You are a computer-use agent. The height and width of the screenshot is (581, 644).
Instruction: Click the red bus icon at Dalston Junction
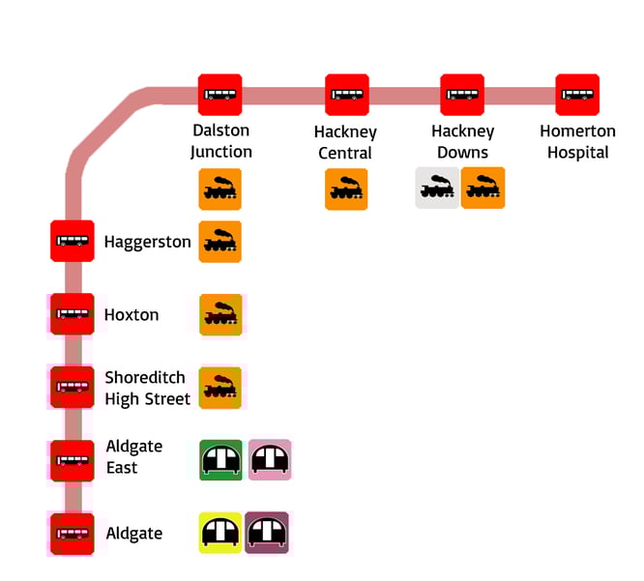[x=220, y=95]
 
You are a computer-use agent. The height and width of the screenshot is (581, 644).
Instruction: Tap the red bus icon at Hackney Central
[x=346, y=95]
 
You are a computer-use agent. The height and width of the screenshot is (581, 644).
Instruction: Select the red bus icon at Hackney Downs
[x=462, y=95]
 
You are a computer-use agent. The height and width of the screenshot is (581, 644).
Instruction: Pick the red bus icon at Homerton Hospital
[x=577, y=95]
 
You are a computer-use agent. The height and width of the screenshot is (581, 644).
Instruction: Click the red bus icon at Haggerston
[x=73, y=241]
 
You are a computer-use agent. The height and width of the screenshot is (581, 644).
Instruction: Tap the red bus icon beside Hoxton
[x=73, y=314]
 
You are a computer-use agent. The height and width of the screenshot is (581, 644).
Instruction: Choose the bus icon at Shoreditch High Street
[x=73, y=387]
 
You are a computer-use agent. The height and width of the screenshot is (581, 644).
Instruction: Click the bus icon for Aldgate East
[x=73, y=460]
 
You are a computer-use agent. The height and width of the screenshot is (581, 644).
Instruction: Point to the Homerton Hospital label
[x=577, y=141]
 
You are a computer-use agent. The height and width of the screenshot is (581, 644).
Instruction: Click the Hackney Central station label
[x=345, y=141]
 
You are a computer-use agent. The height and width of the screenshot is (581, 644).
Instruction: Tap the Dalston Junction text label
[x=220, y=141]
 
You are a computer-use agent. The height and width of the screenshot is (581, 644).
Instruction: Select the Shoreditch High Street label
[x=147, y=388]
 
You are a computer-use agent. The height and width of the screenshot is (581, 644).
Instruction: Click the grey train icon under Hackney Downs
[x=437, y=189]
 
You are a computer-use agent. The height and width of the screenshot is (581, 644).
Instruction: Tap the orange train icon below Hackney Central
[x=346, y=189]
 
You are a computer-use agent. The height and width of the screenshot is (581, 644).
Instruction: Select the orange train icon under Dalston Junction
[x=220, y=189]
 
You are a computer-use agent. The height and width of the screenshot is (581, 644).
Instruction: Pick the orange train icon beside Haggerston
[x=220, y=242]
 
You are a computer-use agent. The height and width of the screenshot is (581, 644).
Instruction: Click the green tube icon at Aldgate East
[x=220, y=460]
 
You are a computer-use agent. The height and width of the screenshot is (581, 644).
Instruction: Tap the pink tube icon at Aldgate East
[x=270, y=460]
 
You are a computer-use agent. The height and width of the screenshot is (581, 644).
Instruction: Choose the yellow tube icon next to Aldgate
[x=220, y=533]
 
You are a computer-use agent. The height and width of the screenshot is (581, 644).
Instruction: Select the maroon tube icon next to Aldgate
[x=268, y=533]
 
